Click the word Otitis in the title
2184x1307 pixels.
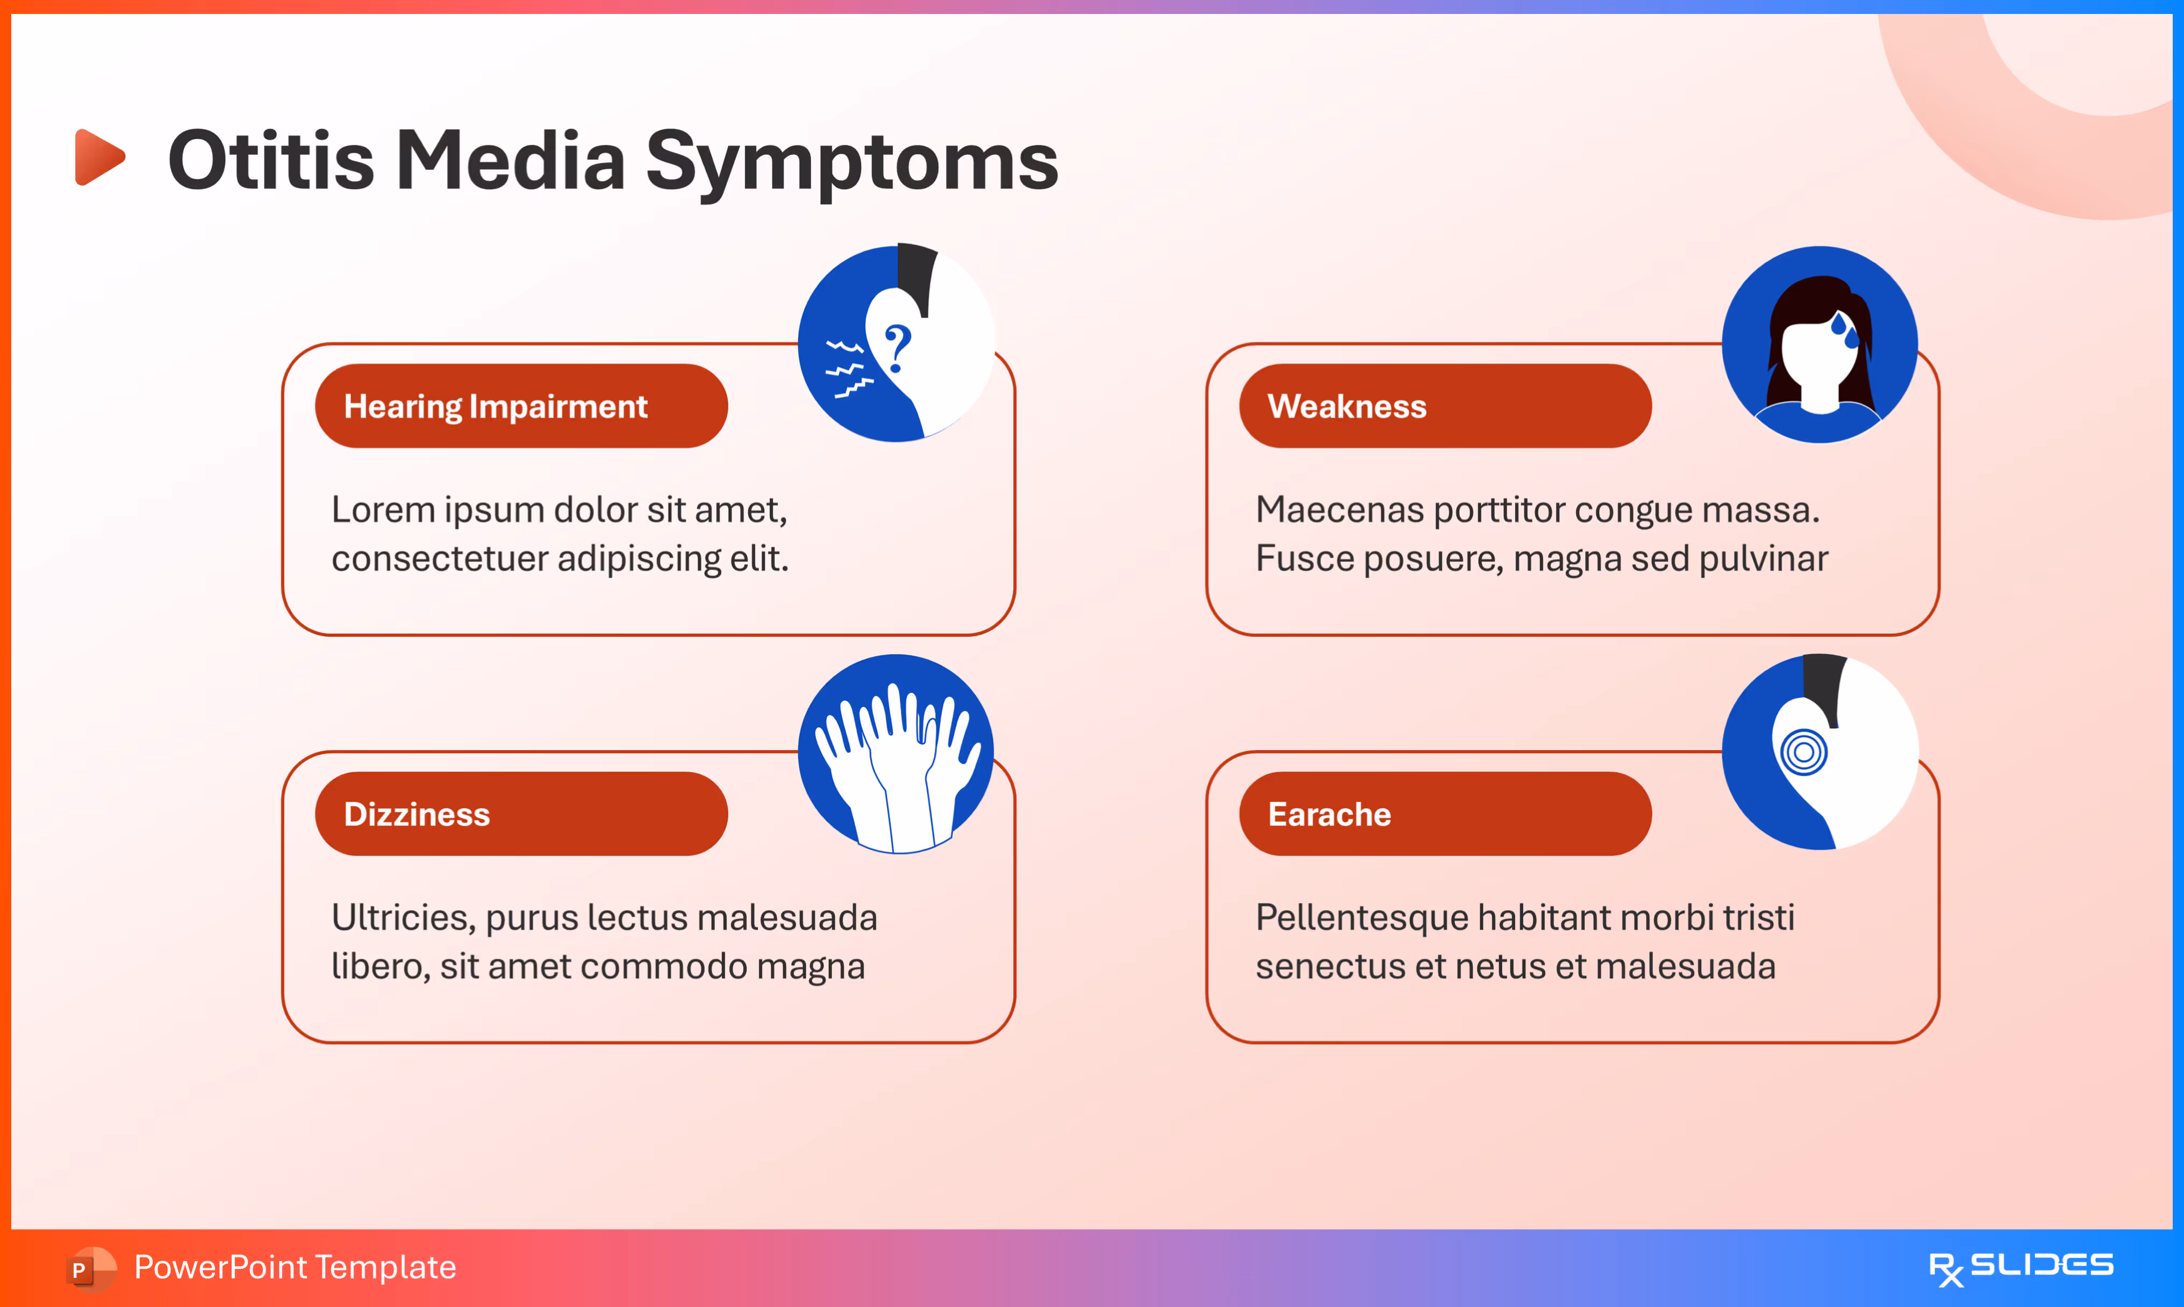point(271,161)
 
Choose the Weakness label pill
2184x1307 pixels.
point(1444,406)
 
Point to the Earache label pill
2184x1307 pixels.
point(1444,814)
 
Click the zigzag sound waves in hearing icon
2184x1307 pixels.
point(847,368)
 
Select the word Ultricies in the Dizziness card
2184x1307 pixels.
point(403,918)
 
